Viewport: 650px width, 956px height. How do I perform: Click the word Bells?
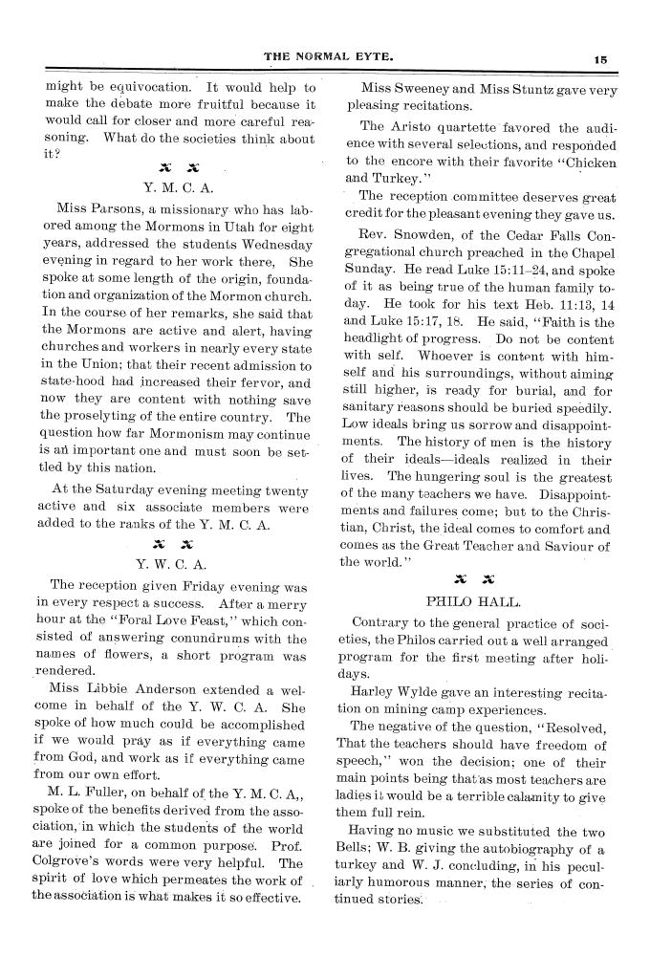pos(365,825)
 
